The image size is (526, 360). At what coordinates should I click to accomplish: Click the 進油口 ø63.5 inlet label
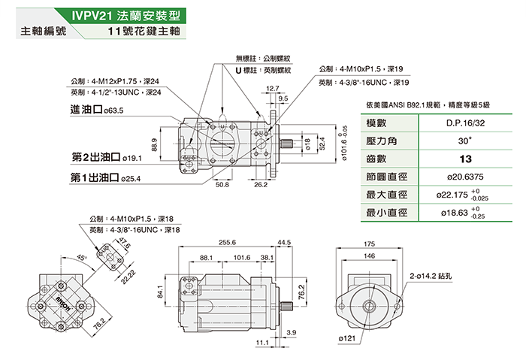(95, 110)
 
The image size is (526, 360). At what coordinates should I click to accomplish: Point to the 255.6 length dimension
(228, 243)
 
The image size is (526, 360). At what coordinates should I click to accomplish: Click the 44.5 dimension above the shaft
(284, 243)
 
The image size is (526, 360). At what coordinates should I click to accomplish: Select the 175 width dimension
(368, 244)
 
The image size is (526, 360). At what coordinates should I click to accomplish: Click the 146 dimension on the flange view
(368, 256)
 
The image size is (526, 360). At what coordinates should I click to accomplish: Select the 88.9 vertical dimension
(155, 144)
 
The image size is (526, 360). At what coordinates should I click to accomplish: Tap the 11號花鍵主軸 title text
(145, 33)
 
